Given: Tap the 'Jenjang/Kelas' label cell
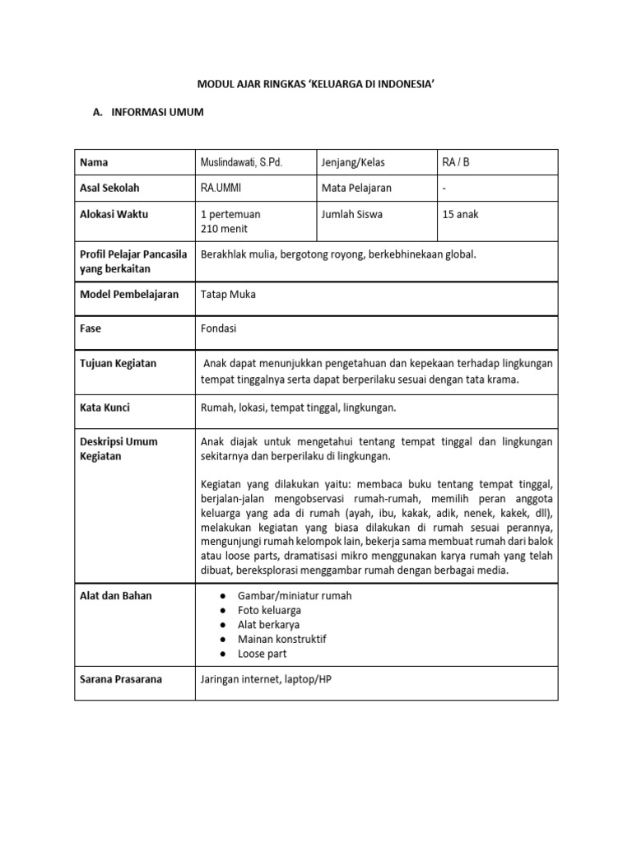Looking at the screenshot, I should [x=354, y=162].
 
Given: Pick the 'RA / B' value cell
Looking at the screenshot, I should [x=455, y=162].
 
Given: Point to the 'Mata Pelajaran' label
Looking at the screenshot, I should [x=356, y=188].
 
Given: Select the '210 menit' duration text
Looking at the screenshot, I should [x=225, y=229].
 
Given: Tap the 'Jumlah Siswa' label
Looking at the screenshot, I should [x=352, y=214].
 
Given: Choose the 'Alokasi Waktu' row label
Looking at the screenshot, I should [x=114, y=214].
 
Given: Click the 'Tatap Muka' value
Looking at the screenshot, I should [x=228, y=294].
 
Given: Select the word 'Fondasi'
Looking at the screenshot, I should [x=219, y=328].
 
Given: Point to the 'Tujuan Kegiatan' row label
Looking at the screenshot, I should [x=118, y=363].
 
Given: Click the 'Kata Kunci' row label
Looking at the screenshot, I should [x=105, y=407].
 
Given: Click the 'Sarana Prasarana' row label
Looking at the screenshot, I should [x=121, y=679].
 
